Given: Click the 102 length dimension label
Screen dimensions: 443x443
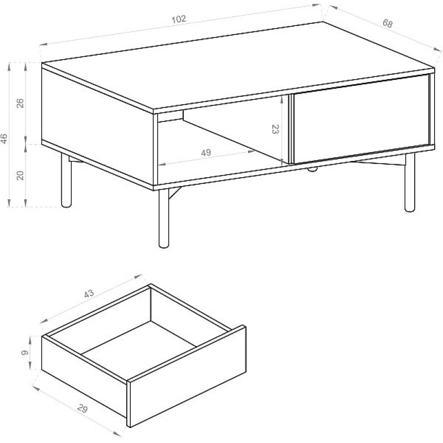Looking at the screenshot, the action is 179,19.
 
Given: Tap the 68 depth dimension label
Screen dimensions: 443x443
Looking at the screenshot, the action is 388,23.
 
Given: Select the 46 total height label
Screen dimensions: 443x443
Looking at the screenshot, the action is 4,138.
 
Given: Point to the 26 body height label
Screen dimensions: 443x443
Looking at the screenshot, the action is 20,104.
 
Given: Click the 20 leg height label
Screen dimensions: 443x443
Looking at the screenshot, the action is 20,176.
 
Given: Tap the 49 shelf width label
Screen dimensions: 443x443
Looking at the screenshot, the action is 206,153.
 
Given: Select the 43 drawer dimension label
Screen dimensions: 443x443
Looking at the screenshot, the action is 89,294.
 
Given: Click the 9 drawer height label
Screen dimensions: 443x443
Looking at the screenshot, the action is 25,353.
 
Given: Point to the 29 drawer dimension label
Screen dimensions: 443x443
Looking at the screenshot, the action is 82,409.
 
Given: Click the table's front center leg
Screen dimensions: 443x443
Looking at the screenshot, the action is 163,218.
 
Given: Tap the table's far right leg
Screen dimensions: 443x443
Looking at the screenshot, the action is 410,182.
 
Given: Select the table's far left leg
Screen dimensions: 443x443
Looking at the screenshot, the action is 66,181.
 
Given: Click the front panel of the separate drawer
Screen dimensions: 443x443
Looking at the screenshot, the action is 187,377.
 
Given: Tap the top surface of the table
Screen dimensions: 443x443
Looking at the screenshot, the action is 238,66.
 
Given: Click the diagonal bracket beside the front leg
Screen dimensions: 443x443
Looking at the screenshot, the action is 174,193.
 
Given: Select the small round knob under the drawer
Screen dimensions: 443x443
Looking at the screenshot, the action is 312,169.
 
